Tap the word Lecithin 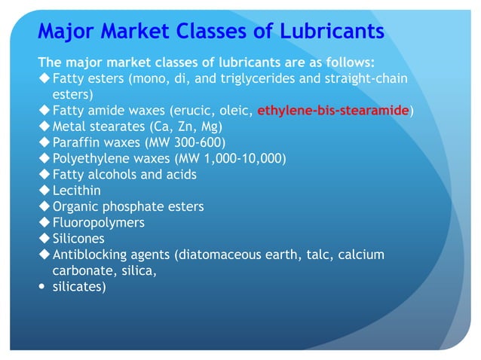[x=76, y=191]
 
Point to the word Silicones [x=78, y=238]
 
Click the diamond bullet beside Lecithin [x=44, y=191]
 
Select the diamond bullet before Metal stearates [x=44, y=126]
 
